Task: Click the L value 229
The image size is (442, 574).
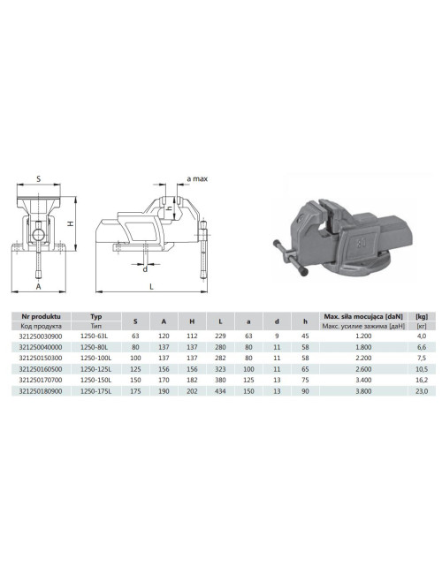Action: click(220, 336)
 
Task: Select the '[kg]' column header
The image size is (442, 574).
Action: click(421, 315)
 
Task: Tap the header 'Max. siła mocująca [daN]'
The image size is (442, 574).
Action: click(363, 315)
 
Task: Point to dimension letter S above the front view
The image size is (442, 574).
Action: click(39, 177)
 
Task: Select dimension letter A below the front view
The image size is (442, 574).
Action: click(38, 287)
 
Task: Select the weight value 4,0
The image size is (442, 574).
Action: click(421, 336)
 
